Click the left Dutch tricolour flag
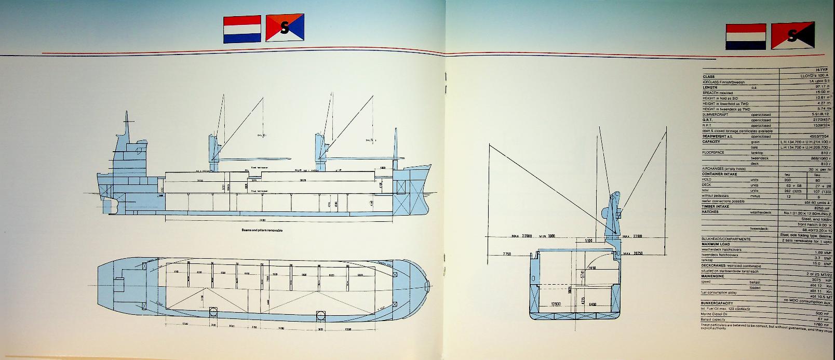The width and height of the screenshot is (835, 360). (x=242, y=29)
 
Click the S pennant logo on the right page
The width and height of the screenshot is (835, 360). (x=792, y=36)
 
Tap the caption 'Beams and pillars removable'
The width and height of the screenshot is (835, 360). (x=262, y=230)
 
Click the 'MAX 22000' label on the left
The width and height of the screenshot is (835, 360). (x=522, y=236)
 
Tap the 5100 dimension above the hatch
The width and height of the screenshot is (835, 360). (x=588, y=241)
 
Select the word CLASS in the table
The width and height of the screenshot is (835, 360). (x=708, y=77)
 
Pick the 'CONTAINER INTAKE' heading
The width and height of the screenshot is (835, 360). (x=719, y=174)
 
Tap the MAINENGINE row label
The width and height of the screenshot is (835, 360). (x=713, y=276)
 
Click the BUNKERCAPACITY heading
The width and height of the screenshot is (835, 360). (x=717, y=303)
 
